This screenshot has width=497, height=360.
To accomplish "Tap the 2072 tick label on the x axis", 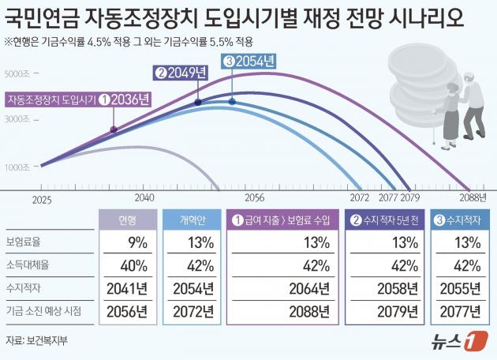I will click(360, 198).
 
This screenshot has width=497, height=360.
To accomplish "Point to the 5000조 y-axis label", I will click(17, 75).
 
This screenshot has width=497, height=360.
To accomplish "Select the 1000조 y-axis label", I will click(17, 167).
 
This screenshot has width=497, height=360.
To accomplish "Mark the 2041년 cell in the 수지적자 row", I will click(128, 288).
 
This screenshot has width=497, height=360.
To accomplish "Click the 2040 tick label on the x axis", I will click(144, 198).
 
